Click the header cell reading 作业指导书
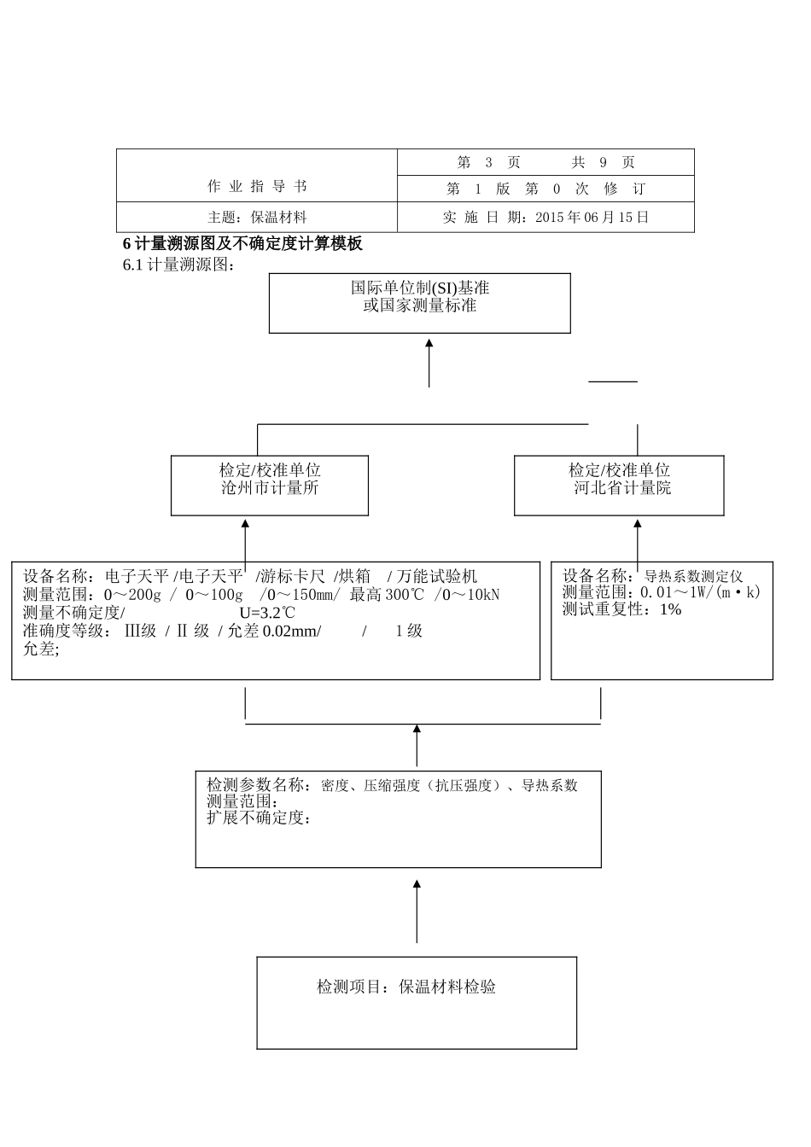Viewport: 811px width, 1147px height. pos(257,186)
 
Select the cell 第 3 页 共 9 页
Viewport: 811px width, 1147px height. pos(546,162)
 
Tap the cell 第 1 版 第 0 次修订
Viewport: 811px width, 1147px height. pos(546,189)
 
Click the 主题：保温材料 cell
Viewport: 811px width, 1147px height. pos(257,217)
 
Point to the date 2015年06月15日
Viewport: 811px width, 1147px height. pos(592,217)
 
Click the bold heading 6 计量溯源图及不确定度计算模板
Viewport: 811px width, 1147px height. pos(242,244)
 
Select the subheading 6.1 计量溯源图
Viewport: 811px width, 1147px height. pos(178,265)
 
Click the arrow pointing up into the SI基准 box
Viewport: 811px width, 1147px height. pos(429,363)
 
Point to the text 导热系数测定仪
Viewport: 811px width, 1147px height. pos(693,576)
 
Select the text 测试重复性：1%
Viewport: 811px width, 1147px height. pos(621,609)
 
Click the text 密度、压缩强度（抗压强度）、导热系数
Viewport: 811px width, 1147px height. pos(449,785)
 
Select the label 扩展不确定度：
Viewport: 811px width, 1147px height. pos(258,818)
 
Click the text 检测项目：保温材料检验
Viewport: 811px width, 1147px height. pos(406,987)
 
